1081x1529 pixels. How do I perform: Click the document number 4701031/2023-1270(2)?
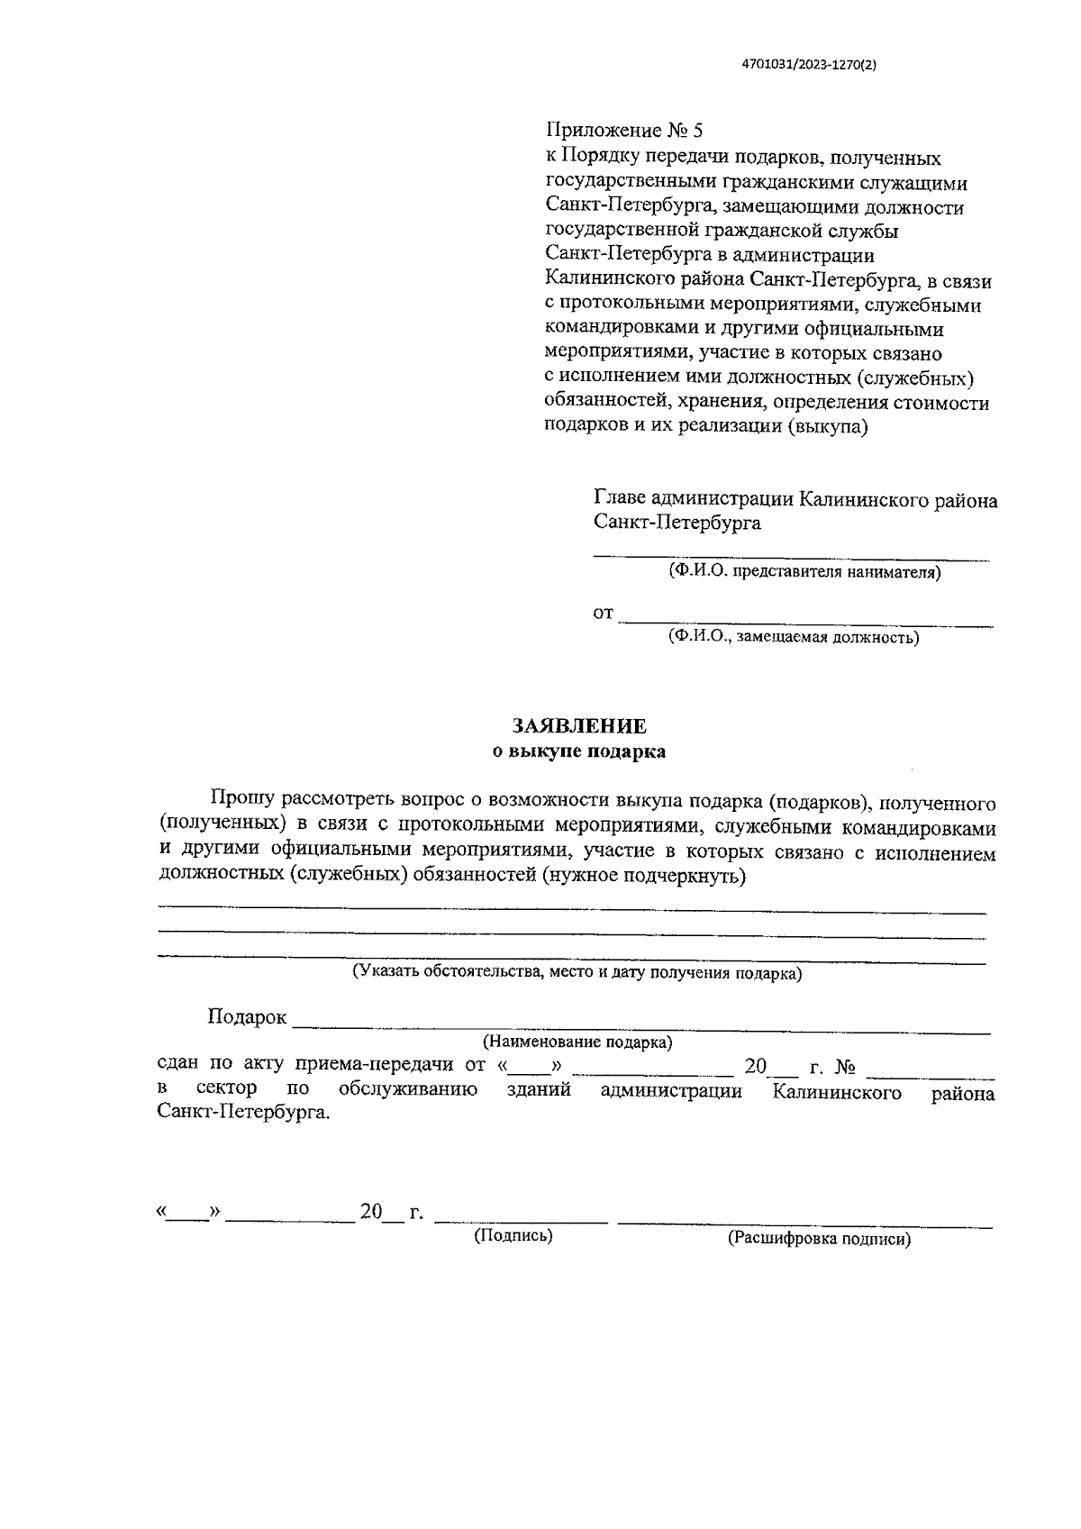[x=808, y=65]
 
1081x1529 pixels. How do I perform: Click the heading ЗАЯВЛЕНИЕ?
[x=579, y=726]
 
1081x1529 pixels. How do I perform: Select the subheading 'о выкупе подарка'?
[x=579, y=751]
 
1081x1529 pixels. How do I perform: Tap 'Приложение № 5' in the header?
[x=623, y=131]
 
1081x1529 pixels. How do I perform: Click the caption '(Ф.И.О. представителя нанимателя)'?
[x=804, y=572]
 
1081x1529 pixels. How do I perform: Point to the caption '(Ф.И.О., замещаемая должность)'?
[x=793, y=638]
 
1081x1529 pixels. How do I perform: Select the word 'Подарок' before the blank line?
[x=247, y=1017]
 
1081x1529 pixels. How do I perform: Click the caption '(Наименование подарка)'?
[x=577, y=1042]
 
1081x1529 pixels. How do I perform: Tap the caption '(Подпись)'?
[x=513, y=1236]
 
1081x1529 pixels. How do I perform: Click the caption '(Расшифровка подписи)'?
[x=819, y=1239]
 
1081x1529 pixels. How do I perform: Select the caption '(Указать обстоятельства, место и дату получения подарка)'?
[x=577, y=973]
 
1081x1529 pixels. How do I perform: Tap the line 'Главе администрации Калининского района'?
[x=795, y=499]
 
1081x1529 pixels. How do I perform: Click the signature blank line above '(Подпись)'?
[x=521, y=1221]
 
